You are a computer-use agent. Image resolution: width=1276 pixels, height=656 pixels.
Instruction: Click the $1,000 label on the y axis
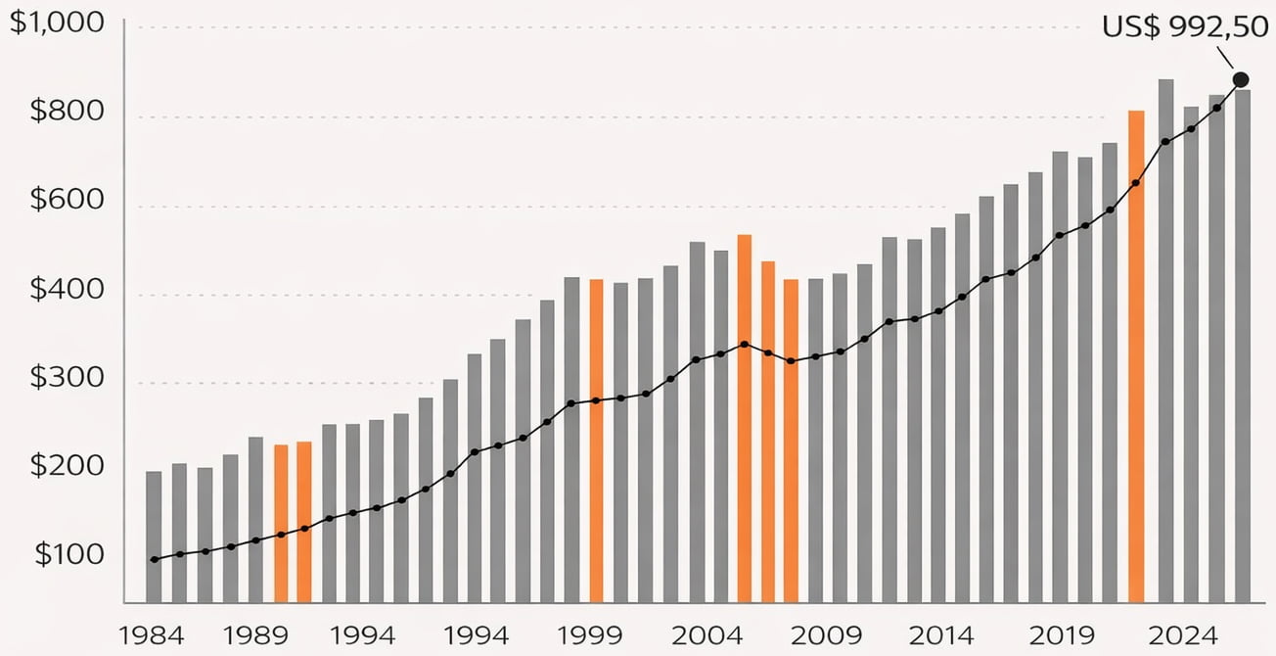pos(57,24)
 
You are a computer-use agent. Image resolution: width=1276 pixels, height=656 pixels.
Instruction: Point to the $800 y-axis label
pos(67,112)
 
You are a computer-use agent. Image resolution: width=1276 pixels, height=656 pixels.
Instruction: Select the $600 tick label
pos(67,200)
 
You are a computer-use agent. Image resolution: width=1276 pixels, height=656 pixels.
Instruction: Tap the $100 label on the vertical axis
pos(68,555)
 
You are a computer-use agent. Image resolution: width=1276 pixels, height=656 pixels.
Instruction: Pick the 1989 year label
pos(255,634)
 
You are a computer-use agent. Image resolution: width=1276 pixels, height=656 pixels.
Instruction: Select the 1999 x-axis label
pos(589,634)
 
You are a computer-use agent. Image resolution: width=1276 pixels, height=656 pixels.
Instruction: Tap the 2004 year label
pos(705,634)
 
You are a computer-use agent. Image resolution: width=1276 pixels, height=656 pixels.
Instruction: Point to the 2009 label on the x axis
pos(827,634)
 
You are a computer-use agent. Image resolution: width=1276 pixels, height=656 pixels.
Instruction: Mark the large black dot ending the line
pos(1241,79)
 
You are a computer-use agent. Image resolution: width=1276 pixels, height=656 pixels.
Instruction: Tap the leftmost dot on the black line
pos(155,559)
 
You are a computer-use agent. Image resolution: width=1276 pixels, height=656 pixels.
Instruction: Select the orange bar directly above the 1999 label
pos(596,441)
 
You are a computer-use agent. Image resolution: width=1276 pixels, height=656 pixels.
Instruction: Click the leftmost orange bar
pos(281,524)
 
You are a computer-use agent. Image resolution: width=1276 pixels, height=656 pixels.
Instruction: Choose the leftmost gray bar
pos(154,537)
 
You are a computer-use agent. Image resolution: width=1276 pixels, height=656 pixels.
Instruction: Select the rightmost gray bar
pos(1243,346)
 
